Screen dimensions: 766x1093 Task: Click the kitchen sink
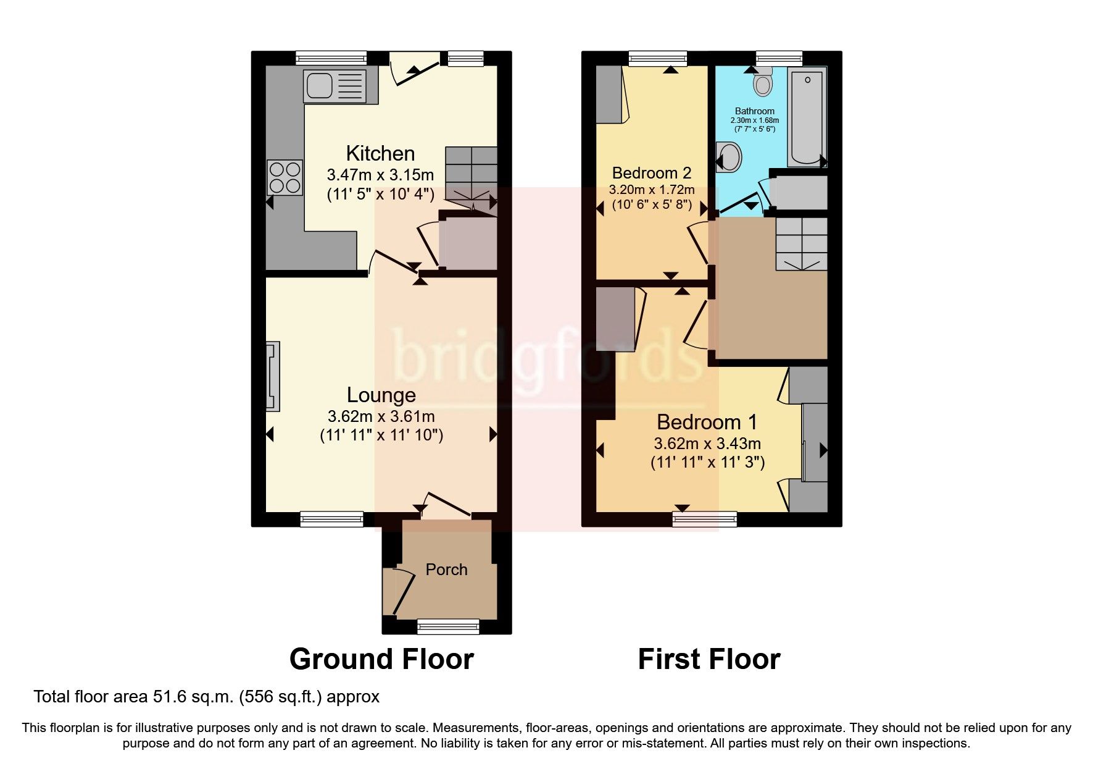coord(334,86)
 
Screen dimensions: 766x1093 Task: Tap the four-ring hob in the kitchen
coord(285,177)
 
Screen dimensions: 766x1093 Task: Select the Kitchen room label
coord(380,153)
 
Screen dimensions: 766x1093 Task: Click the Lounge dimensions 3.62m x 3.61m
coord(381,416)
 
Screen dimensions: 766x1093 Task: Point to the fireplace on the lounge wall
coord(273,376)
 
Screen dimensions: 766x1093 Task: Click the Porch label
coord(446,570)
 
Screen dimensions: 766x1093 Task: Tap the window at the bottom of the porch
coord(448,628)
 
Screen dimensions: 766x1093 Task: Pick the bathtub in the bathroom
coord(807,117)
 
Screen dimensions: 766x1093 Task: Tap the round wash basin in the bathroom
coord(730,157)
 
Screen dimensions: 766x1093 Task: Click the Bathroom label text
coord(754,111)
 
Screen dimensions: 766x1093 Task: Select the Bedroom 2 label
coord(651,173)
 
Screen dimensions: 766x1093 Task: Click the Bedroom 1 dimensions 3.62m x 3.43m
coord(707,444)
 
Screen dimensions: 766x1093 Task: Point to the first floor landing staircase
coord(801,243)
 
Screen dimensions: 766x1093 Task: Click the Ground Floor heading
coord(381,659)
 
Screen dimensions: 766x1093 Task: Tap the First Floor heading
coord(709,659)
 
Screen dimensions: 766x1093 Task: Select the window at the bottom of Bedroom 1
coord(705,519)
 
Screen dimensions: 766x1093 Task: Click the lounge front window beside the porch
coord(332,519)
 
